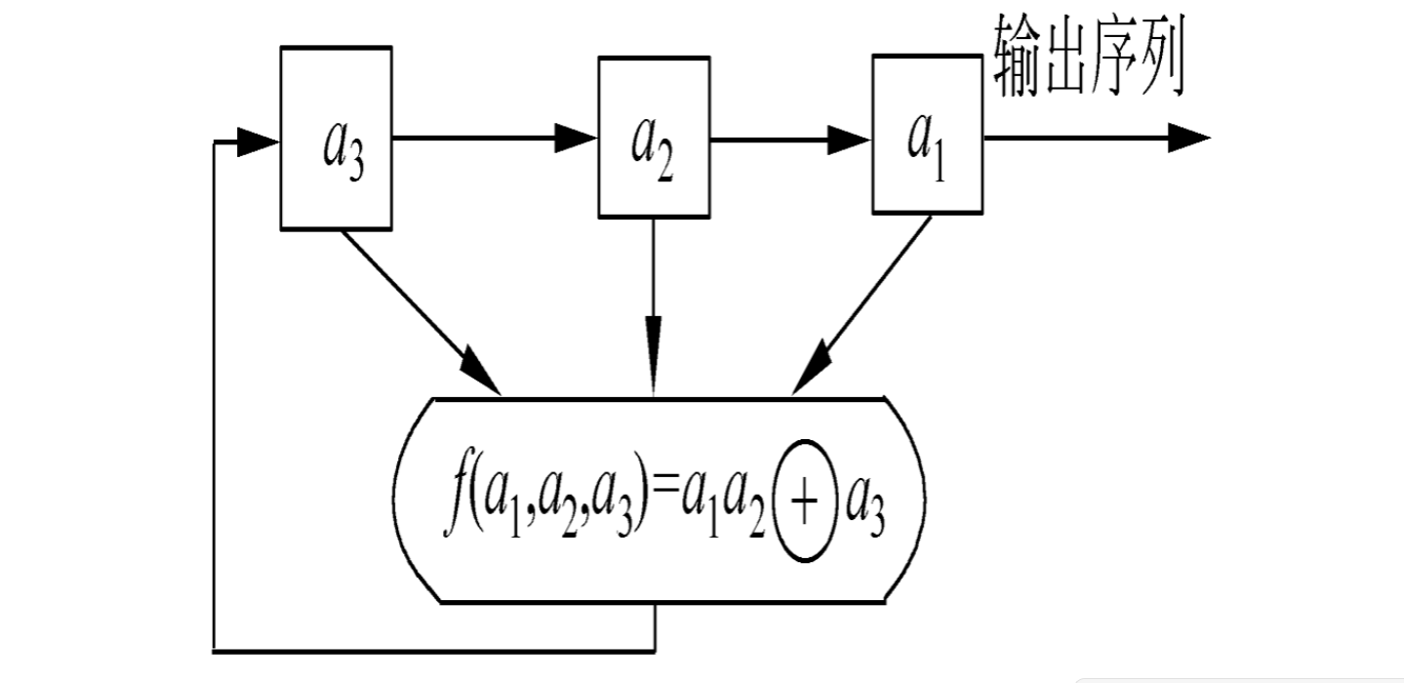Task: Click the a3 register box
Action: coord(337,138)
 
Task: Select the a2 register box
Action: coord(654,136)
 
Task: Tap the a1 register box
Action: coord(927,134)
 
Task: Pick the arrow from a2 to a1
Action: coord(790,139)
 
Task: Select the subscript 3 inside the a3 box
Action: coord(355,167)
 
